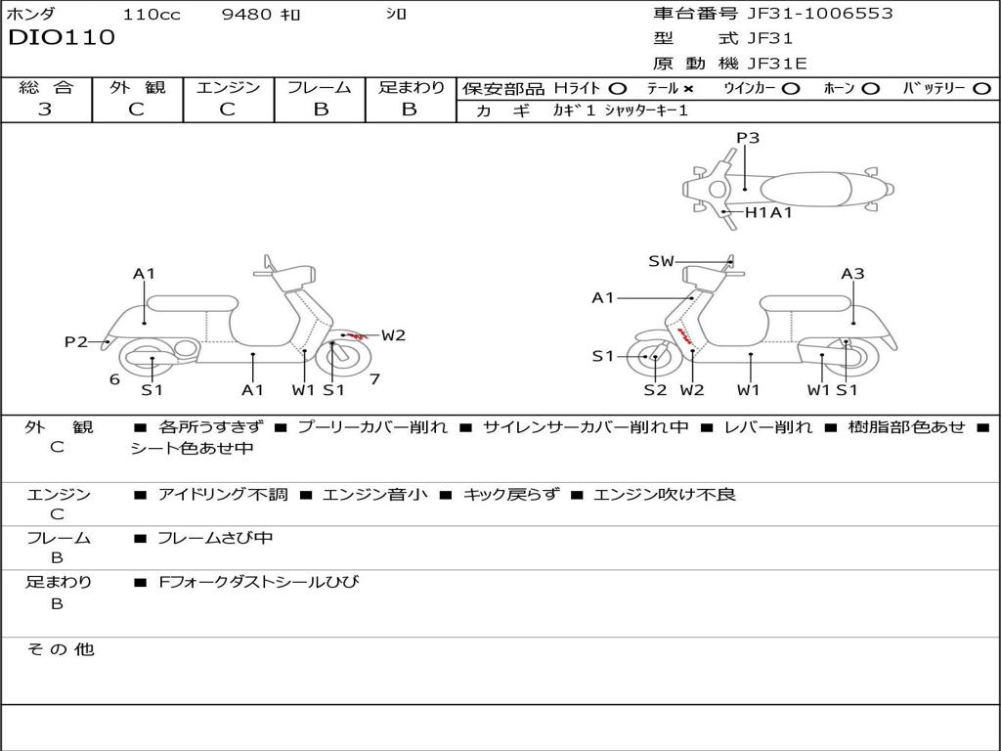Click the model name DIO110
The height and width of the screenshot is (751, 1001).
[x=61, y=38]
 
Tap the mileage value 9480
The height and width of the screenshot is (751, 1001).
[x=249, y=15]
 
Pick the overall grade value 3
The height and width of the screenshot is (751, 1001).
[x=45, y=110]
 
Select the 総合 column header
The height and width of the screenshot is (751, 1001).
[x=46, y=87]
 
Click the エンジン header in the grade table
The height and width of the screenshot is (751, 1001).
[x=228, y=87]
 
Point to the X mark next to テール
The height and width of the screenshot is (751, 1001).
[x=688, y=88]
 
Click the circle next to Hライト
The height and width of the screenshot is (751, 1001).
[x=617, y=88]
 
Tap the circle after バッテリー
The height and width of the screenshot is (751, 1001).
[x=981, y=88]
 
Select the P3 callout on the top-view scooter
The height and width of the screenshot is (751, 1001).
[x=748, y=138]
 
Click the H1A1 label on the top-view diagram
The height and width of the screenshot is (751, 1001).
[x=768, y=212]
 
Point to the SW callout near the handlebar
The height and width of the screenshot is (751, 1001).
[x=662, y=261]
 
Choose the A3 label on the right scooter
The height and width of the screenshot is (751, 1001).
[x=852, y=274]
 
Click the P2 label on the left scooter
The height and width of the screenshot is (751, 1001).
[x=76, y=341]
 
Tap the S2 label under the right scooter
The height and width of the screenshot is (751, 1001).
[x=655, y=390]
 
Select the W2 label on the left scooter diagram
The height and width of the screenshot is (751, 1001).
[x=393, y=335]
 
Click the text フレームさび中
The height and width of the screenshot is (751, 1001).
[x=215, y=538]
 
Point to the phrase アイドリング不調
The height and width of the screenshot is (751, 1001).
[x=223, y=495]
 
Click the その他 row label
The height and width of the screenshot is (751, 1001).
[x=60, y=649]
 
